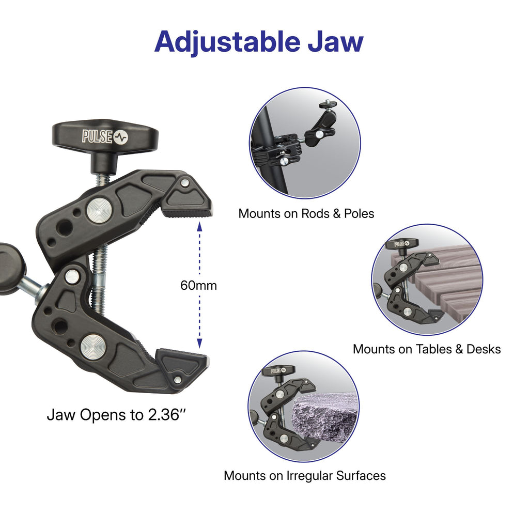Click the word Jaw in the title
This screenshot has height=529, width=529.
coord(336,41)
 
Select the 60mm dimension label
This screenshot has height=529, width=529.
coord(198,285)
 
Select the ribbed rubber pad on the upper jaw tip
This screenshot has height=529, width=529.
coord(186,212)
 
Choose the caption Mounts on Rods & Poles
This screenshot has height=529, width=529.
coord(306,213)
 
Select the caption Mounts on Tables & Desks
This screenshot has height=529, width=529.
coord(427,349)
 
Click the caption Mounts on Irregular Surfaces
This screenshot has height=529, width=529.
coord(304,476)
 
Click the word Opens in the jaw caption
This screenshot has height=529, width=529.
coord(101,415)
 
